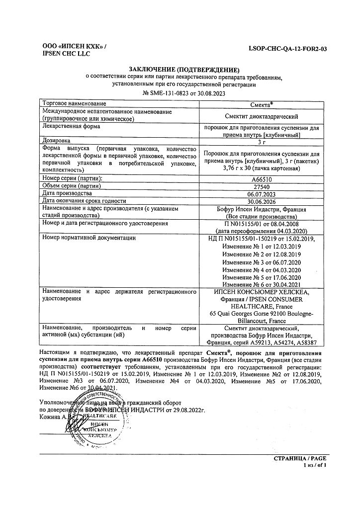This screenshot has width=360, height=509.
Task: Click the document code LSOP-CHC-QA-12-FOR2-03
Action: pyautogui.click(x=290, y=50)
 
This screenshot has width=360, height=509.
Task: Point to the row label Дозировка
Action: pyautogui.click(x=57, y=141)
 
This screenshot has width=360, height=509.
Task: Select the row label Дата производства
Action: pyautogui.click(x=68, y=193)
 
